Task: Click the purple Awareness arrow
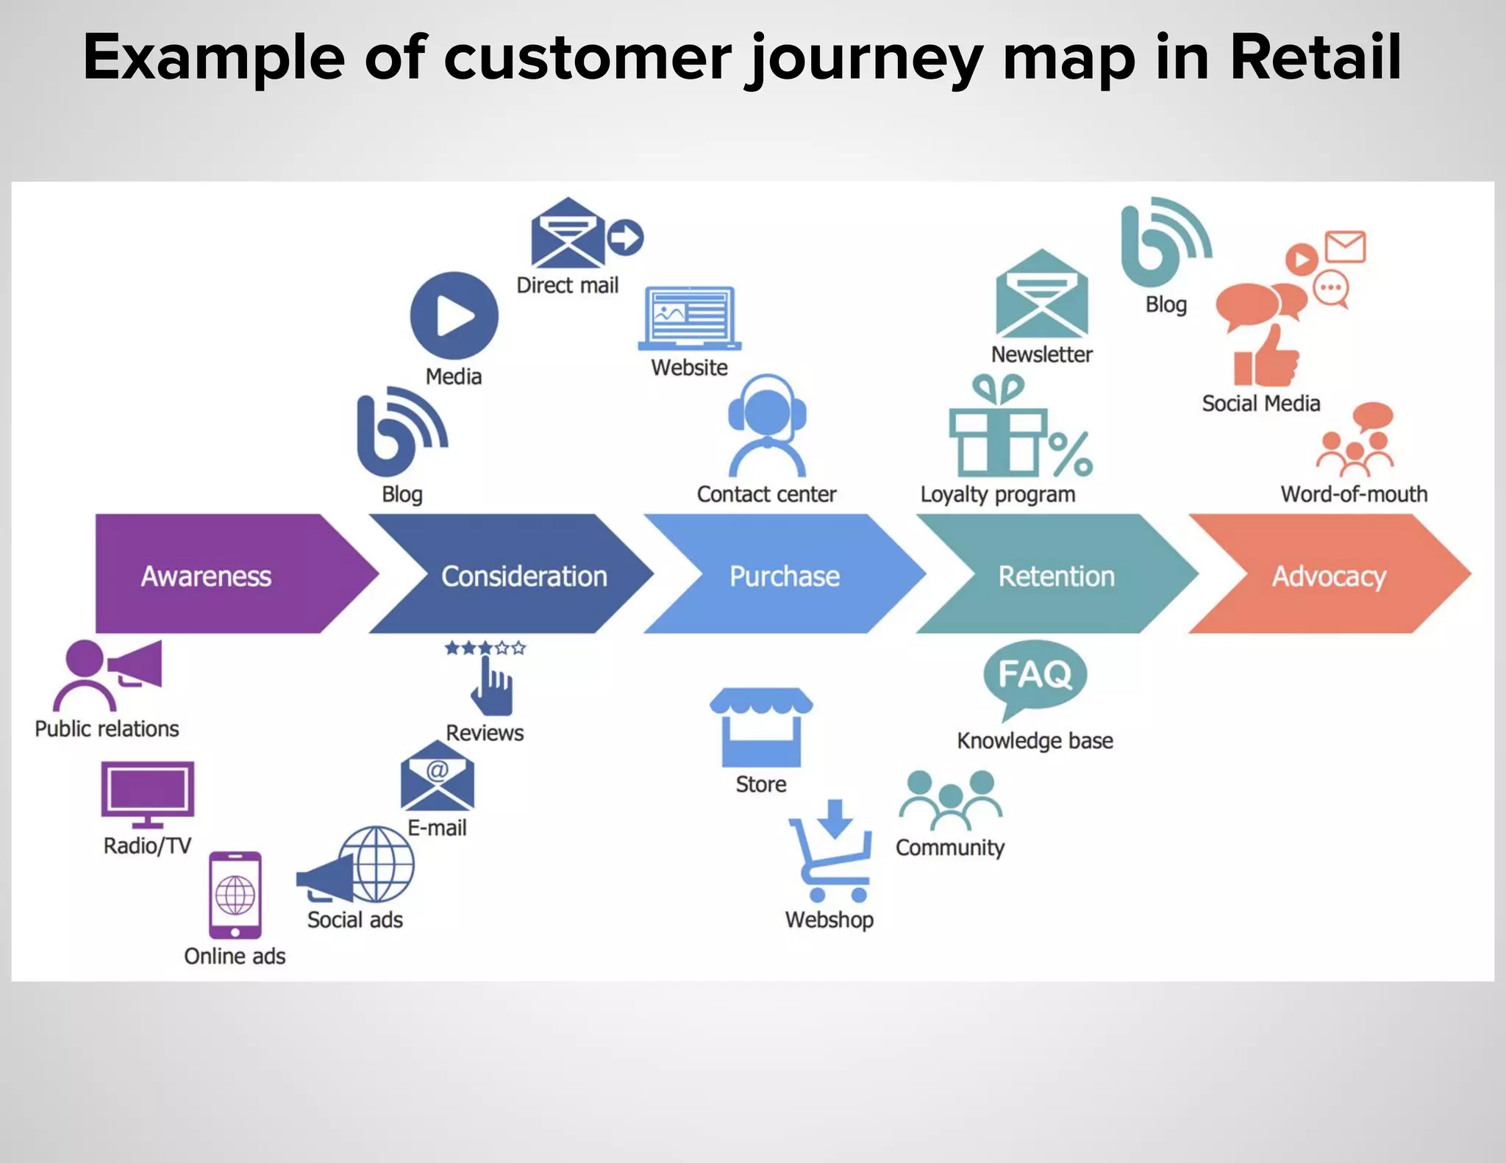tap(213, 574)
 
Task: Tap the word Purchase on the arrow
tap(784, 576)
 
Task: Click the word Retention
tap(1056, 576)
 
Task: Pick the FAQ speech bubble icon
tap(1034, 676)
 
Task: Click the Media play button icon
tap(454, 316)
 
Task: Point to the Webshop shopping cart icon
tap(832, 853)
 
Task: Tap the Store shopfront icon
tap(761, 728)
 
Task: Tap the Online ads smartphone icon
tap(235, 895)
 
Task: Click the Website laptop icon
tap(689, 318)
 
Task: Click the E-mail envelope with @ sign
tap(437, 778)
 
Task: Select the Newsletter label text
tap(1041, 354)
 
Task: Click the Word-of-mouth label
tap(1353, 494)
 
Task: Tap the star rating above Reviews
tap(485, 648)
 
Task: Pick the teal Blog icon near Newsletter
tap(1162, 243)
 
